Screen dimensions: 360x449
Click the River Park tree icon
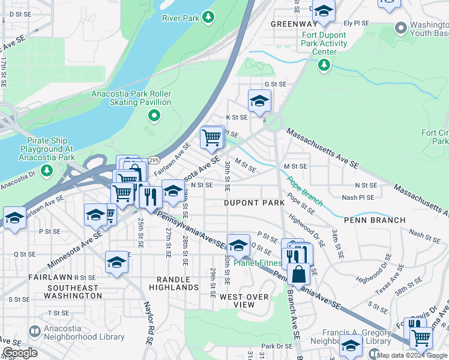(208, 17)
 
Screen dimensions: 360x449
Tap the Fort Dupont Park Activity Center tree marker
(324, 64)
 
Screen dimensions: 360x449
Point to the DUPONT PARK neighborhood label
(255, 203)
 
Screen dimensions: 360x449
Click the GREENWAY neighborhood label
(293, 24)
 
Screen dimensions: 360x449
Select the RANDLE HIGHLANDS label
(177, 283)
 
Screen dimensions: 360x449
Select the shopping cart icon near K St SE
(212, 137)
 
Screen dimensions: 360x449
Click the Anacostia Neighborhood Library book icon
(35, 331)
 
